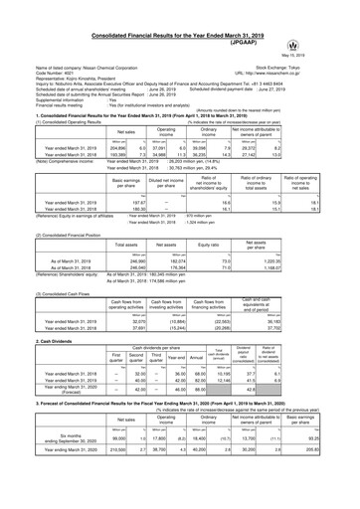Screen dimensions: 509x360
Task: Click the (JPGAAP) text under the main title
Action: point(180,18)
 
